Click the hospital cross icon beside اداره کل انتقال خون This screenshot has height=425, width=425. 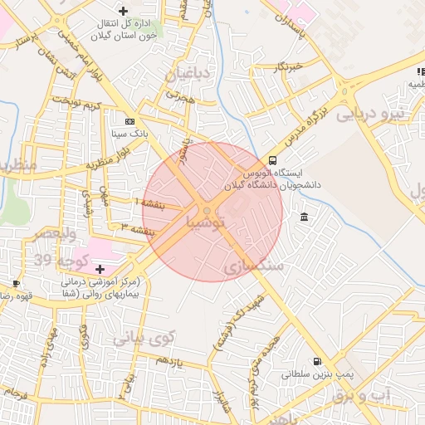point(124,11)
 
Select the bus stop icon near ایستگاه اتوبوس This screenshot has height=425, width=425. point(273,160)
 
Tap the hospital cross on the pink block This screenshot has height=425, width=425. point(100,269)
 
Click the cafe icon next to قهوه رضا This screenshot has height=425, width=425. point(16,283)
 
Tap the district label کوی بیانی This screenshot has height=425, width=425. point(144,338)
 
